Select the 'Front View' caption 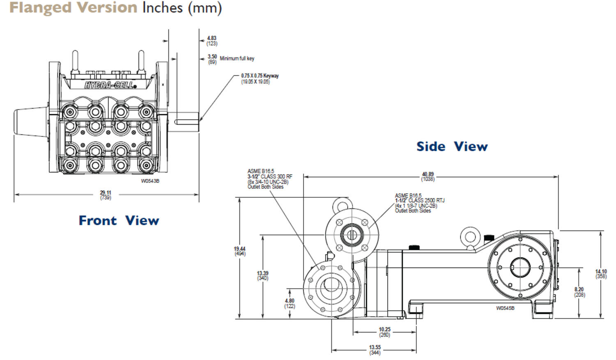(119, 221)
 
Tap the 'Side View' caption (452, 147)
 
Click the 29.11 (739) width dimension (106, 195)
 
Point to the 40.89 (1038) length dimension (428, 177)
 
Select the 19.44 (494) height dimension (240, 251)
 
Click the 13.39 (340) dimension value (262, 276)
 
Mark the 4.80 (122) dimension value (290, 303)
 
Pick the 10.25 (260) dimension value (384, 332)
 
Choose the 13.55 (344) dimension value (375, 350)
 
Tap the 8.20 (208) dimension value (579, 292)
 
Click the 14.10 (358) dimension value (601, 274)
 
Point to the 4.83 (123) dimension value (212, 41)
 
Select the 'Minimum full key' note (237, 59)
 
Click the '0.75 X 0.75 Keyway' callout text (260, 76)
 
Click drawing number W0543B (150, 181)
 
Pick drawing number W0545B (505, 308)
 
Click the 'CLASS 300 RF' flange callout (270, 177)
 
